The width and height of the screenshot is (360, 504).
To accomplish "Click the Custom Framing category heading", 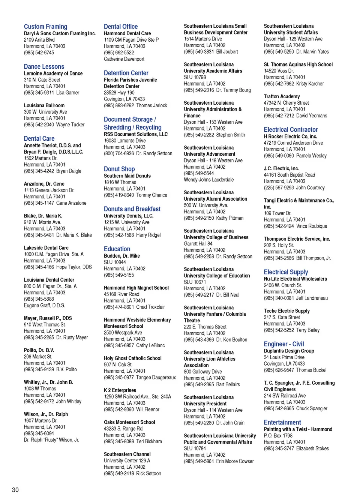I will pyautogui.click(x=45, y=27).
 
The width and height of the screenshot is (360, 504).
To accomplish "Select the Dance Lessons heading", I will pyautogui.click(x=44, y=67).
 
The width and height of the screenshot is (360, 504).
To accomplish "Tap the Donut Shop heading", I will pyautogui.click(x=119, y=169).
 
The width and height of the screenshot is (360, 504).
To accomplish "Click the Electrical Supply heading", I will pyautogui.click(x=286, y=272).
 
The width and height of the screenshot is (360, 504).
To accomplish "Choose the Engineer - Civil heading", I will pyautogui.click(x=283, y=344).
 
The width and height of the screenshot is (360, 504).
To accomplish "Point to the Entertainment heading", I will pyautogui.click(x=282, y=423).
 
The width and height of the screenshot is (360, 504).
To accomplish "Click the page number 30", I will pyautogui.click(x=15, y=490).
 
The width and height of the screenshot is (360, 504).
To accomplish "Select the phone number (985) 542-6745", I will pyautogui.click(x=39, y=53).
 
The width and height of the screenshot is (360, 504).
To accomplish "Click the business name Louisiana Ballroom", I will pyautogui.click(x=44, y=106).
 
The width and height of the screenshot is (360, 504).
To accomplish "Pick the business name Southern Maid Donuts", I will pyautogui.click(x=127, y=176).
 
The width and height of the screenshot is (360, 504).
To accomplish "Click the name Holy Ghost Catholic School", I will pyautogui.click(x=132, y=358).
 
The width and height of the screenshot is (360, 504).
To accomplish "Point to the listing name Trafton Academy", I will pyautogui.click(x=282, y=97).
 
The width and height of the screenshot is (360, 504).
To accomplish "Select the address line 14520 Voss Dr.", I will pyautogui.click(x=279, y=71).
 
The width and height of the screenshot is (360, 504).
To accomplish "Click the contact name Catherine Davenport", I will pyautogui.click(x=124, y=59).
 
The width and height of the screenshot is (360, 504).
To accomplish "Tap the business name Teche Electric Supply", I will pyautogui.click(x=286, y=311).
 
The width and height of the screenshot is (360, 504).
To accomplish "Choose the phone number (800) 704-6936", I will pyautogui.click(x=119, y=154).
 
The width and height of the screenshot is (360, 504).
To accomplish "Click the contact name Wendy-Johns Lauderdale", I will pyautogui.click(x=208, y=180).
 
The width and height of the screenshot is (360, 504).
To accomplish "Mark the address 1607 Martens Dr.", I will pyautogui.click(x=40, y=421).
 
